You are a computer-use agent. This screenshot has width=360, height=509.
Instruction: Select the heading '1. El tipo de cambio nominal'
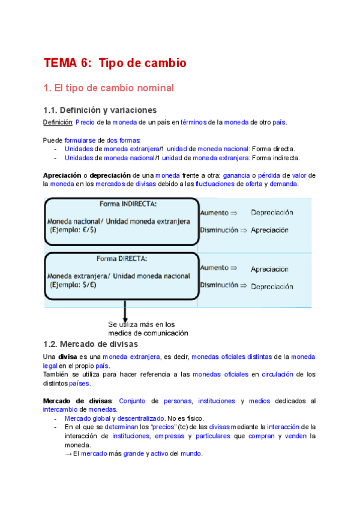tap(109, 88)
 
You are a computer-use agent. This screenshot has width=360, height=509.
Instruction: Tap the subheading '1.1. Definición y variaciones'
tap(100, 110)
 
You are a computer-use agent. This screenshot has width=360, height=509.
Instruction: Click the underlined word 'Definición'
tap(58, 122)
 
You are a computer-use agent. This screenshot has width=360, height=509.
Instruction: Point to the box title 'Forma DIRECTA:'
tap(122, 259)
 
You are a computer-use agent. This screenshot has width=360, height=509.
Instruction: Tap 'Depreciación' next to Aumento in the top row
tap(272, 212)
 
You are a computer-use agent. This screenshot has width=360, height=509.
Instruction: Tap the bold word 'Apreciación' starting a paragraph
tap(62, 175)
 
